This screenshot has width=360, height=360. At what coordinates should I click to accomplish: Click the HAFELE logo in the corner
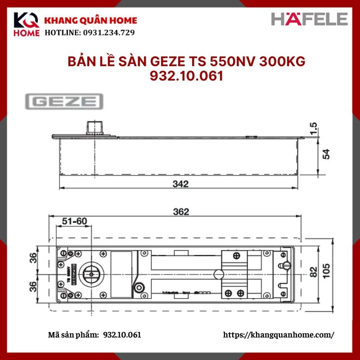coord(310,19)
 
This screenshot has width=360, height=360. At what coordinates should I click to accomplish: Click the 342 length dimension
coord(180,183)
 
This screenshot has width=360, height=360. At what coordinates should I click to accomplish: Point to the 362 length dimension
coord(180,211)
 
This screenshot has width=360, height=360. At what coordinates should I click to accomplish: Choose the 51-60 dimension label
coord(74,221)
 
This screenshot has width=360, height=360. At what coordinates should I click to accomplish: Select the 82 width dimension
coord(314,271)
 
